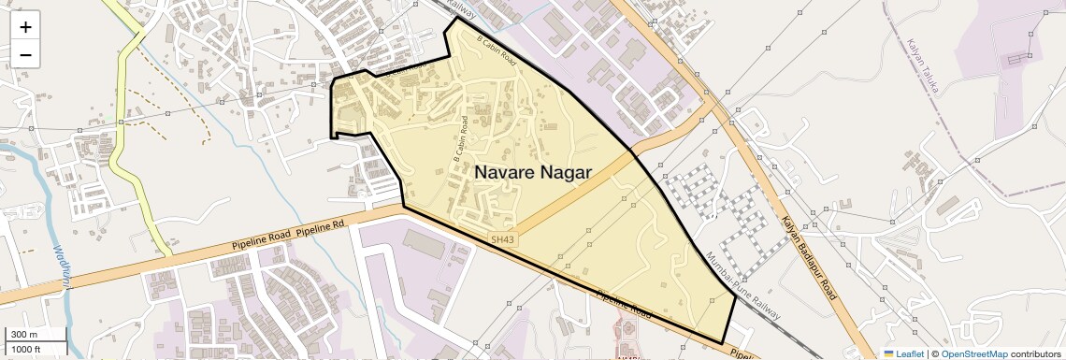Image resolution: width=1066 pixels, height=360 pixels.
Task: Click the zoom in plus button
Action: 25,26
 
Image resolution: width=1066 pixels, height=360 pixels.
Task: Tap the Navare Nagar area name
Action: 532,172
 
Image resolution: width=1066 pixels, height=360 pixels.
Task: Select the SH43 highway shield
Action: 502,239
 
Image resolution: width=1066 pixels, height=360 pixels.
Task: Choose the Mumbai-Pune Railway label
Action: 744,286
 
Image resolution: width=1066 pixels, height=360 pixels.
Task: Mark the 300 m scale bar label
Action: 24,335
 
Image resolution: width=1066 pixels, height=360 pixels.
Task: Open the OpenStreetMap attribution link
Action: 973,353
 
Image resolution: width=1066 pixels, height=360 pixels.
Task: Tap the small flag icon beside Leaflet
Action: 888,353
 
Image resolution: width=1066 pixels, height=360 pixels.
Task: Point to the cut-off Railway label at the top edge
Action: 461,12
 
